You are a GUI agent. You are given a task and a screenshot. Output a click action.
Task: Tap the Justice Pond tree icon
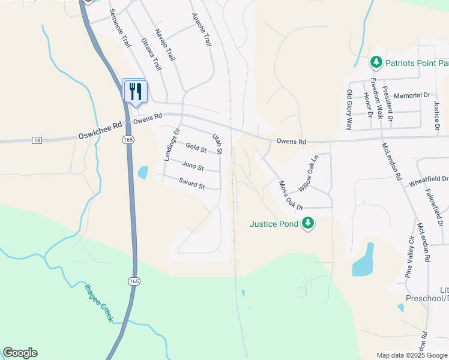tap(308, 223)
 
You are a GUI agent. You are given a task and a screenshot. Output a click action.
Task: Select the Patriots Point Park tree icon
tap(376, 62)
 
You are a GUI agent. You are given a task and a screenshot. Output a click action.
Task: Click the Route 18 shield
tap(37, 140)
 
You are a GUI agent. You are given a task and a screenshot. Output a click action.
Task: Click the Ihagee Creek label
tap(98, 302)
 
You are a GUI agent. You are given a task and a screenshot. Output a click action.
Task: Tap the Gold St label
tap(196, 147)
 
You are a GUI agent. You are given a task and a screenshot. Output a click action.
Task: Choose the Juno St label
tap(193, 166)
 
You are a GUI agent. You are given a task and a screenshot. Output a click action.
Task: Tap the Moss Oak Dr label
tap(290, 195)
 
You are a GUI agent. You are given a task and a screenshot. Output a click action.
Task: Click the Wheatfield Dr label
tap(429, 179)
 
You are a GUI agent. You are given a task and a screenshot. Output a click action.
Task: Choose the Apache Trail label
tap(202, 31)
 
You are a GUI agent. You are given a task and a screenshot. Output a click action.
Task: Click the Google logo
tap(20, 353)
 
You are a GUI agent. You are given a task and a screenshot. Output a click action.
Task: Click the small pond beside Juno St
tap(143, 173)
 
